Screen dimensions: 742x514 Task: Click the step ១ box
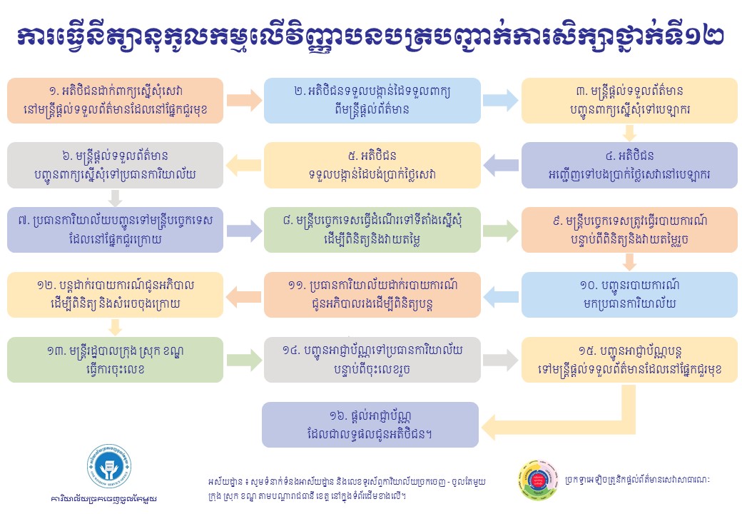(x=115, y=101)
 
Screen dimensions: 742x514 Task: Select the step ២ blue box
(x=372, y=101)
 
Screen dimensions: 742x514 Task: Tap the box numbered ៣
(x=629, y=101)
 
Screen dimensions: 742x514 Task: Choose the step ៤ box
(x=629, y=166)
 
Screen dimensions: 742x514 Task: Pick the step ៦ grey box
(x=115, y=166)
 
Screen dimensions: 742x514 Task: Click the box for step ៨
(x=372, y=230)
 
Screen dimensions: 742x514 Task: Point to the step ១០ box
(x=629, y=295)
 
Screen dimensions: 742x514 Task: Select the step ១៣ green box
(x=115, y=360)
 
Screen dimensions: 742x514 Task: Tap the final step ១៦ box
(x=370, y=425)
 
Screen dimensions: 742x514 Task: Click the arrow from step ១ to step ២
(x=244, y=101)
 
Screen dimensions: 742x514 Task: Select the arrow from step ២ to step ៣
(x=501, y=101)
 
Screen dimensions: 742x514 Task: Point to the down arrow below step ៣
(x=629, y=133)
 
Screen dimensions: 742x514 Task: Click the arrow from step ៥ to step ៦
(x=244, y=165)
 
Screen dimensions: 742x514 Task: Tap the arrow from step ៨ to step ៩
(x=501, y=231)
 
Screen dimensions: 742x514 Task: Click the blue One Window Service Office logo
(x=109, y=467)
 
